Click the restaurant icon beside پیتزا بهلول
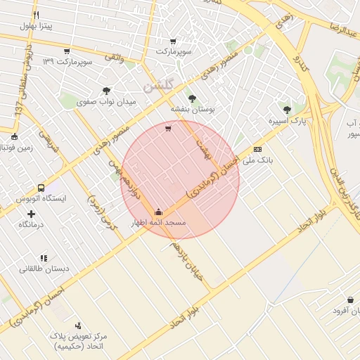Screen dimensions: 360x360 tap(37, 15)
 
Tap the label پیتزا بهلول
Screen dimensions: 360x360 tap(37, 27)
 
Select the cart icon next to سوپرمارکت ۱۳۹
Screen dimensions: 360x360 tap(67, 51)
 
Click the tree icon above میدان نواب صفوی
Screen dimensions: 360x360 tap(106, 90)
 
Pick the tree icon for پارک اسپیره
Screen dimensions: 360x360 tap(286, 109)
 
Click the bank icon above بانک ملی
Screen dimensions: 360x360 tap(257, 149)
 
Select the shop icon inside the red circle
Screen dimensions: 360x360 tap(167, 128)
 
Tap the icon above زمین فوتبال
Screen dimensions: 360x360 tap(15, 136)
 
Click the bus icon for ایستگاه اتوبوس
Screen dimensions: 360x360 tap(41, 188)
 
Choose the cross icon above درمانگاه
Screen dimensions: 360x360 tap(31, 213)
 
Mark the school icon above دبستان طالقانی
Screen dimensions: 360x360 tap(44, 258)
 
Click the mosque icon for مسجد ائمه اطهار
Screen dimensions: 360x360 tap(158, 212)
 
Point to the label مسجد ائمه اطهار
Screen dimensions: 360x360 tap(158, 223)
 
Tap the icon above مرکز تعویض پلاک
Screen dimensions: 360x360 tap(77, 326)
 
